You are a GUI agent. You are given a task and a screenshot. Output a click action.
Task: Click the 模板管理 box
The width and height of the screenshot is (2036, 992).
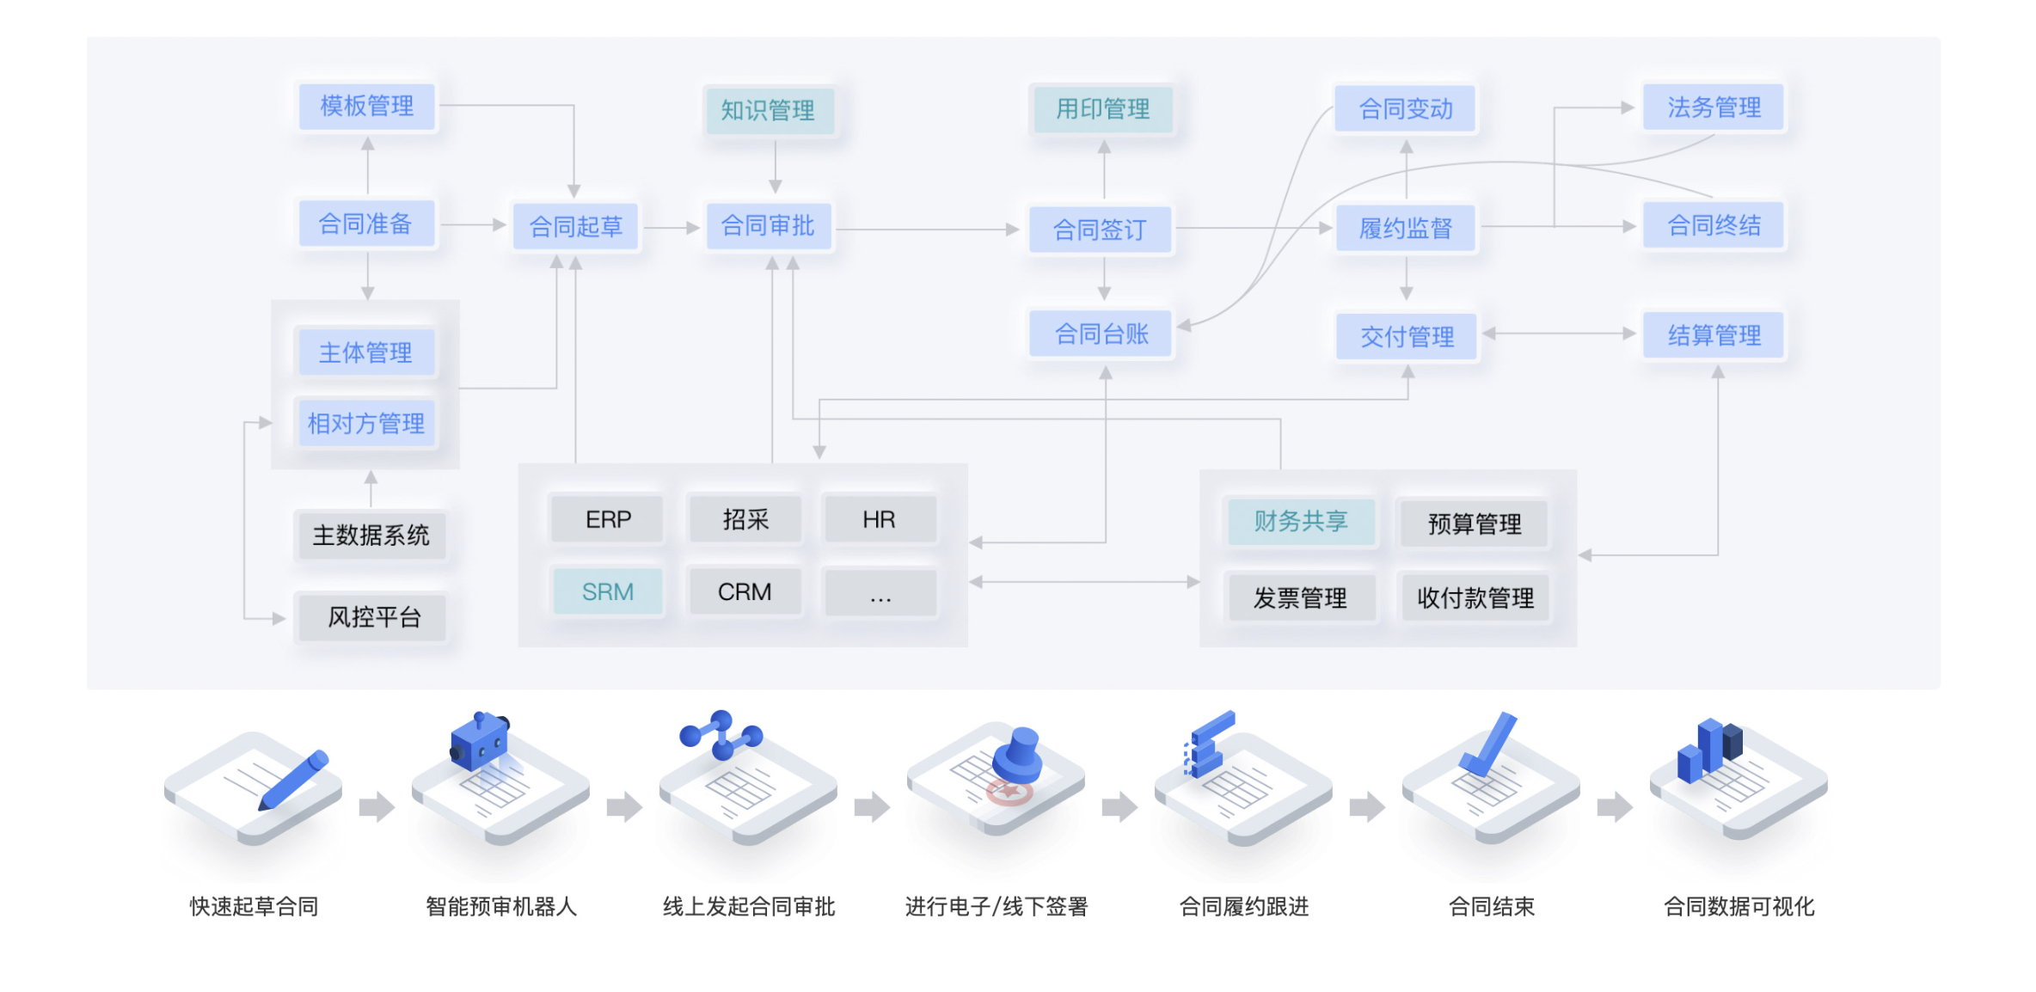pyautogui.click(x=367, y=107)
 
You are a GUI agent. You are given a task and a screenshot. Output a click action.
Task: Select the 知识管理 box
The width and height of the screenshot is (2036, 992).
pyautogui.click(x=768, y=110)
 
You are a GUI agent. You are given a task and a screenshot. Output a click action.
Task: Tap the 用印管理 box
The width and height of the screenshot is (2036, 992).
pyautogui.click(x=1103, y=109)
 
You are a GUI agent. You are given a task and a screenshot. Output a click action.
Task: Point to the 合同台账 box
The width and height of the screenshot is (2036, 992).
pyautogui.click(x=1101, y=334)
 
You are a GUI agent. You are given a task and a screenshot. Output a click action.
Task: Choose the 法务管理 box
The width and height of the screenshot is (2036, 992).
pyautogui.click(x=1714, y=107)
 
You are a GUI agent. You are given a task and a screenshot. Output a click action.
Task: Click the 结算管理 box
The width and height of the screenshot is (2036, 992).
pyautogui.click(x=1714, y=335)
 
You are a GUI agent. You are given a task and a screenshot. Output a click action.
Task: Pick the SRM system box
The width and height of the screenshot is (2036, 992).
pyautogui.click(x=608, y=591)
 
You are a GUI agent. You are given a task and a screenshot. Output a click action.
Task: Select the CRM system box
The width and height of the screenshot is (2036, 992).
pyautogui.click(x=745, y=591)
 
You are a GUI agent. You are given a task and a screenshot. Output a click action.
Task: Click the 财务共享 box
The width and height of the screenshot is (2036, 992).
pyautogui.click(x=1301, y=521)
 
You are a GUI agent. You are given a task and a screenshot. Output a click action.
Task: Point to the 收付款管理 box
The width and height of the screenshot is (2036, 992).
pyautogui.click(x=1475, y=597)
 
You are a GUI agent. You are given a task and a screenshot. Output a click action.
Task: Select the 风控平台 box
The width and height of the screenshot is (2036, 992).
pyautogui.click(x=373, y=617)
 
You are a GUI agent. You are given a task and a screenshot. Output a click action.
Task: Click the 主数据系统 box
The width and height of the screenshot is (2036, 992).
pyautogui.click(x=371, y=536)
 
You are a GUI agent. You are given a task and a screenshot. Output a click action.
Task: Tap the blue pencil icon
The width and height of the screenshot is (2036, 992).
pyautogui.click(x=294, y=780)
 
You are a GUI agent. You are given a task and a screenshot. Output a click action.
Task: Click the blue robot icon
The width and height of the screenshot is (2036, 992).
pyautogui.click(x=480, y=739)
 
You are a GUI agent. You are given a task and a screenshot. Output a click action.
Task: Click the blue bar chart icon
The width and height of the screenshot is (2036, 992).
pyautogui.click(x=1710, y=750)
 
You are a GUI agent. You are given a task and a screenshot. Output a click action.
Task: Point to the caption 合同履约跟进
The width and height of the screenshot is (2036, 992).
pyautogui.click(x=1243, y=906)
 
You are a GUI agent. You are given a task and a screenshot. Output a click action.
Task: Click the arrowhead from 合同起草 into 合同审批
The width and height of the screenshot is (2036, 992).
pyautogui.click(x=693, y=228)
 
